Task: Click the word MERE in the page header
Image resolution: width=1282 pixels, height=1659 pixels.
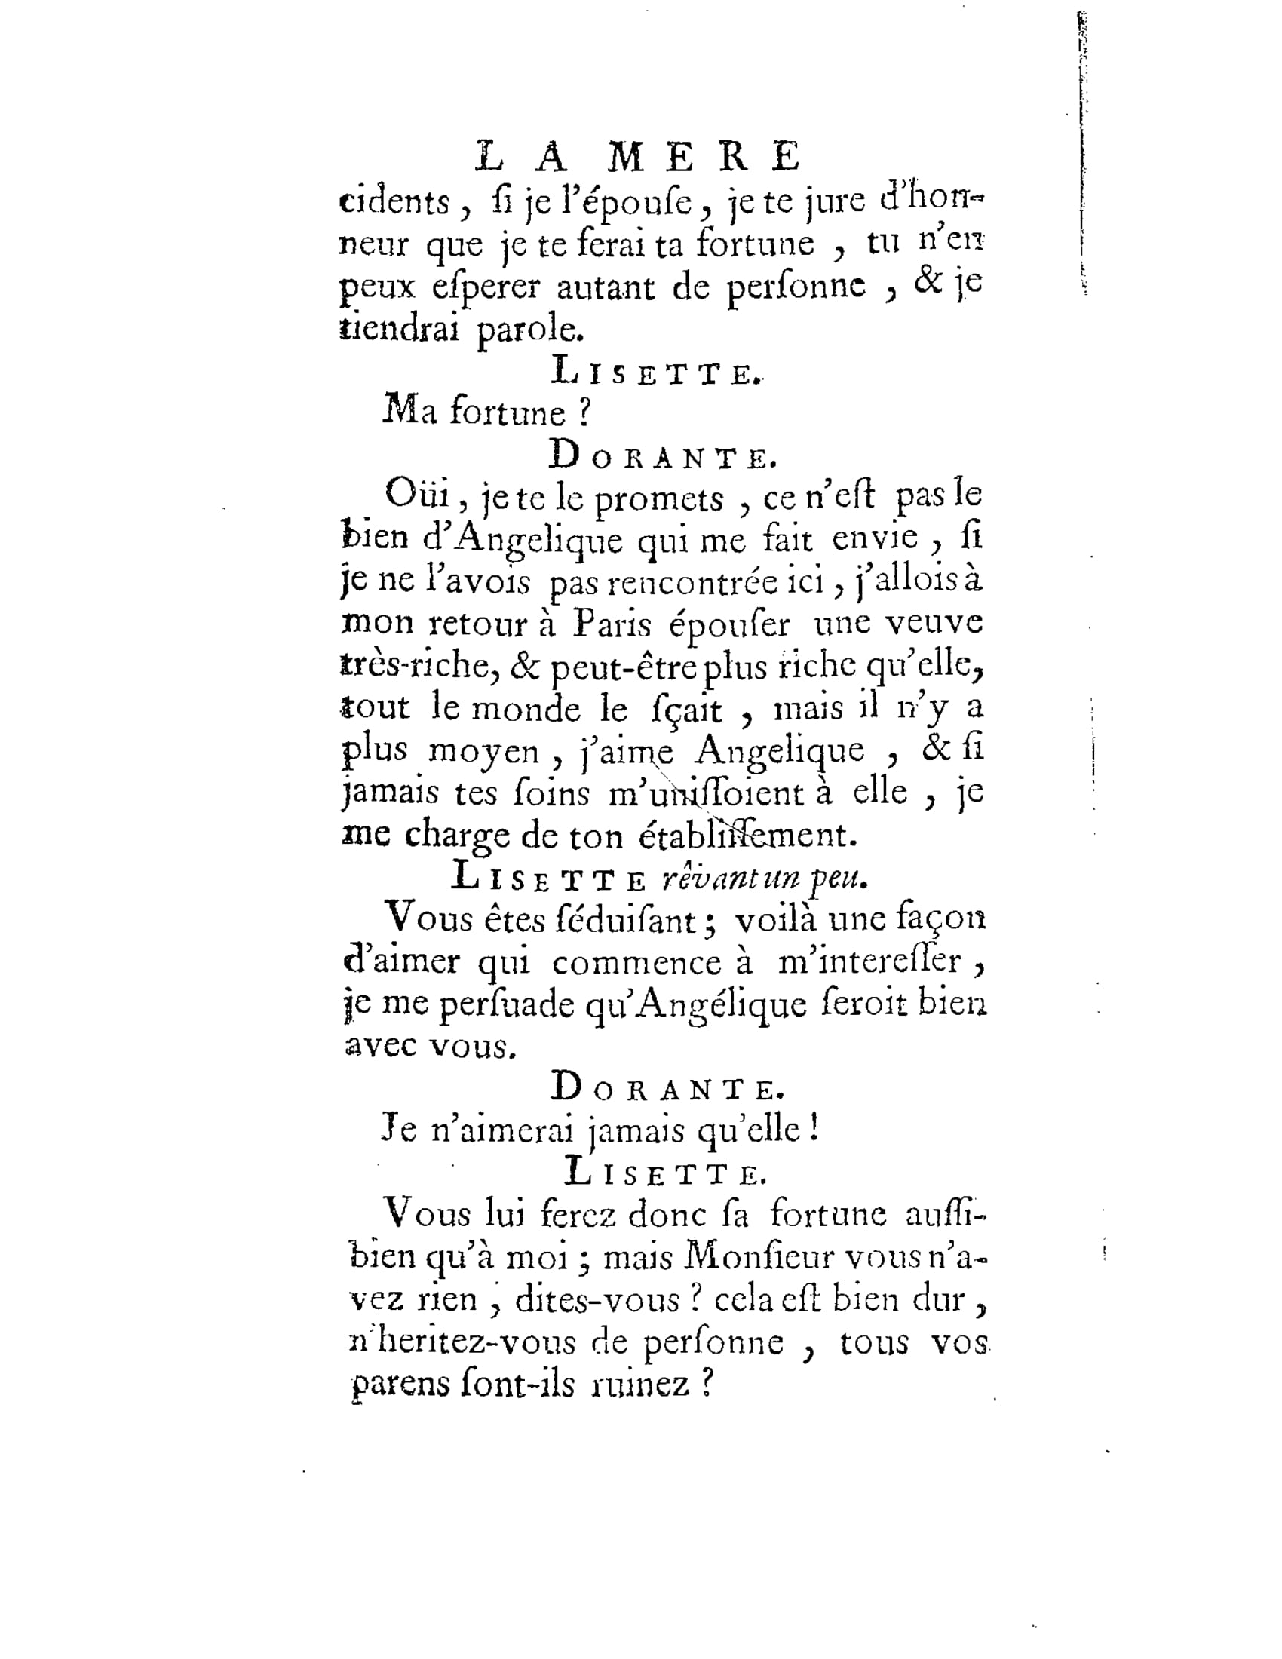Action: tap(705, 158)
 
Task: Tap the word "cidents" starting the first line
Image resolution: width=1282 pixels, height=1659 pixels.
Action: tap(394, 203)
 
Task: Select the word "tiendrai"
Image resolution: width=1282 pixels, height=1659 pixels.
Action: tap(399, 330)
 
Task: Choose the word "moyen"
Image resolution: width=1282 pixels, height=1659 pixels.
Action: tap(484, 752)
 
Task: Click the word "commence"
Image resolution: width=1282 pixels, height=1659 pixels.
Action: tap(637, 963)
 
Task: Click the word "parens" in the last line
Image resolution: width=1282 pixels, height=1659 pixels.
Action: tap(396, 1385)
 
